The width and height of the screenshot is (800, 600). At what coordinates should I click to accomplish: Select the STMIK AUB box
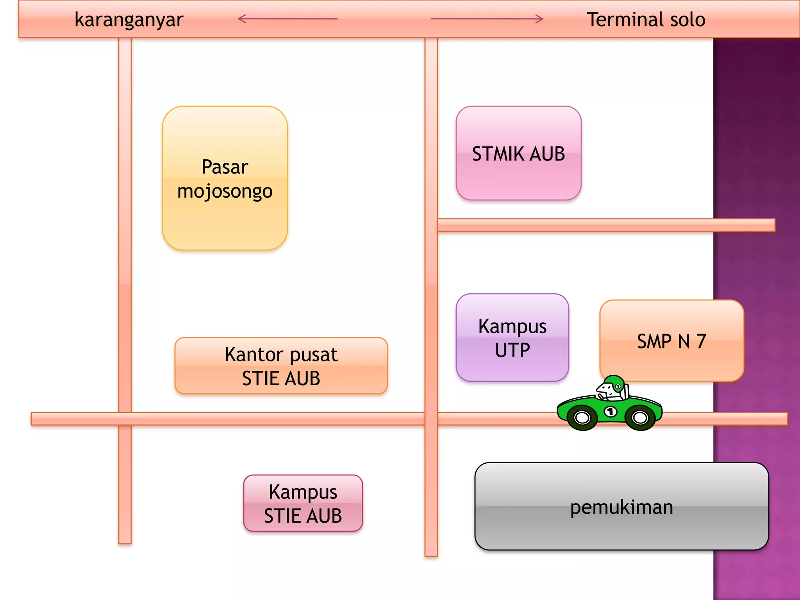(x=518, y=154)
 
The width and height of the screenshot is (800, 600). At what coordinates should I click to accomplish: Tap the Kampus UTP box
(x=512, y=337)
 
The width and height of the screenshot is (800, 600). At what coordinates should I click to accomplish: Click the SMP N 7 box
(x=671, y=341)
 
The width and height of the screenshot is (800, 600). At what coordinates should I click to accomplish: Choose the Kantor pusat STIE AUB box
(x=281, y=366)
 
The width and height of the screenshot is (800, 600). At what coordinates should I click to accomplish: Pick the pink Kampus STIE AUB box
(x=303, y=503)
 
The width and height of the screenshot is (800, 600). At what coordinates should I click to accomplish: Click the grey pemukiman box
(x=621, y=507)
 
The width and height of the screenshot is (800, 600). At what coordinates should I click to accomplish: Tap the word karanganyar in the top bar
(x=129, y=20)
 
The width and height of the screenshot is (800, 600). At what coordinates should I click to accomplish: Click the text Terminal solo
(x=646, y=20)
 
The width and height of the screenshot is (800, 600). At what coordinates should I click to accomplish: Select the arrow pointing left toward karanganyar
(x=287, y=19)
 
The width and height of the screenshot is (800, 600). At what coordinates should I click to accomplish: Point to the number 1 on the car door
(x=611, y=411)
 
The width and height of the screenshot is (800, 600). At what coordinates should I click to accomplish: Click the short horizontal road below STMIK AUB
(x=605, y=225)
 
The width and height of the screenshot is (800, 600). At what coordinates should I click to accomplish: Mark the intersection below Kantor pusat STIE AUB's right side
(x=431, y=419)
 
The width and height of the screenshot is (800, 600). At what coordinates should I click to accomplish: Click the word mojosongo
(x=225, y=191)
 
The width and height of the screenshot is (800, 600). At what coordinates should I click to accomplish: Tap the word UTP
(x=512, y=350)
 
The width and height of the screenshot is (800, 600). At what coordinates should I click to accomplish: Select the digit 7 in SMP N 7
(x=701, y=341)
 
